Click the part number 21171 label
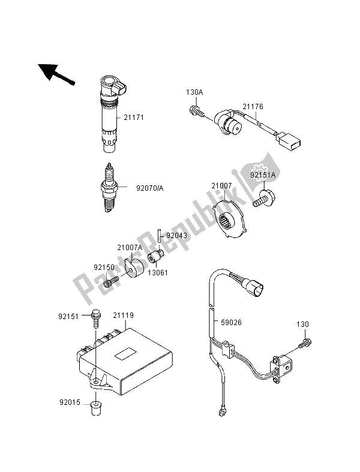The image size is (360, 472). [134, 118]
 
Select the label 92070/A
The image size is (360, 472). [150, 188]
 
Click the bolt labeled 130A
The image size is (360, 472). [197, 112]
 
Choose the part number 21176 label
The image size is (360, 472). [253, 107]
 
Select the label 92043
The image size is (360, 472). [177, 236]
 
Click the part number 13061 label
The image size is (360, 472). [158, 273]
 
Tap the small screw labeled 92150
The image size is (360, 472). [111, 282]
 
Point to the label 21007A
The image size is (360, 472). [130, 248]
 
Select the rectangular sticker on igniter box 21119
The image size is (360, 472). [125, 353]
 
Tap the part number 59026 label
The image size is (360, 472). [232, 323]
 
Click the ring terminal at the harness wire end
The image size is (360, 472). [222, 411]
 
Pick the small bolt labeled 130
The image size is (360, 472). [305, 343]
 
